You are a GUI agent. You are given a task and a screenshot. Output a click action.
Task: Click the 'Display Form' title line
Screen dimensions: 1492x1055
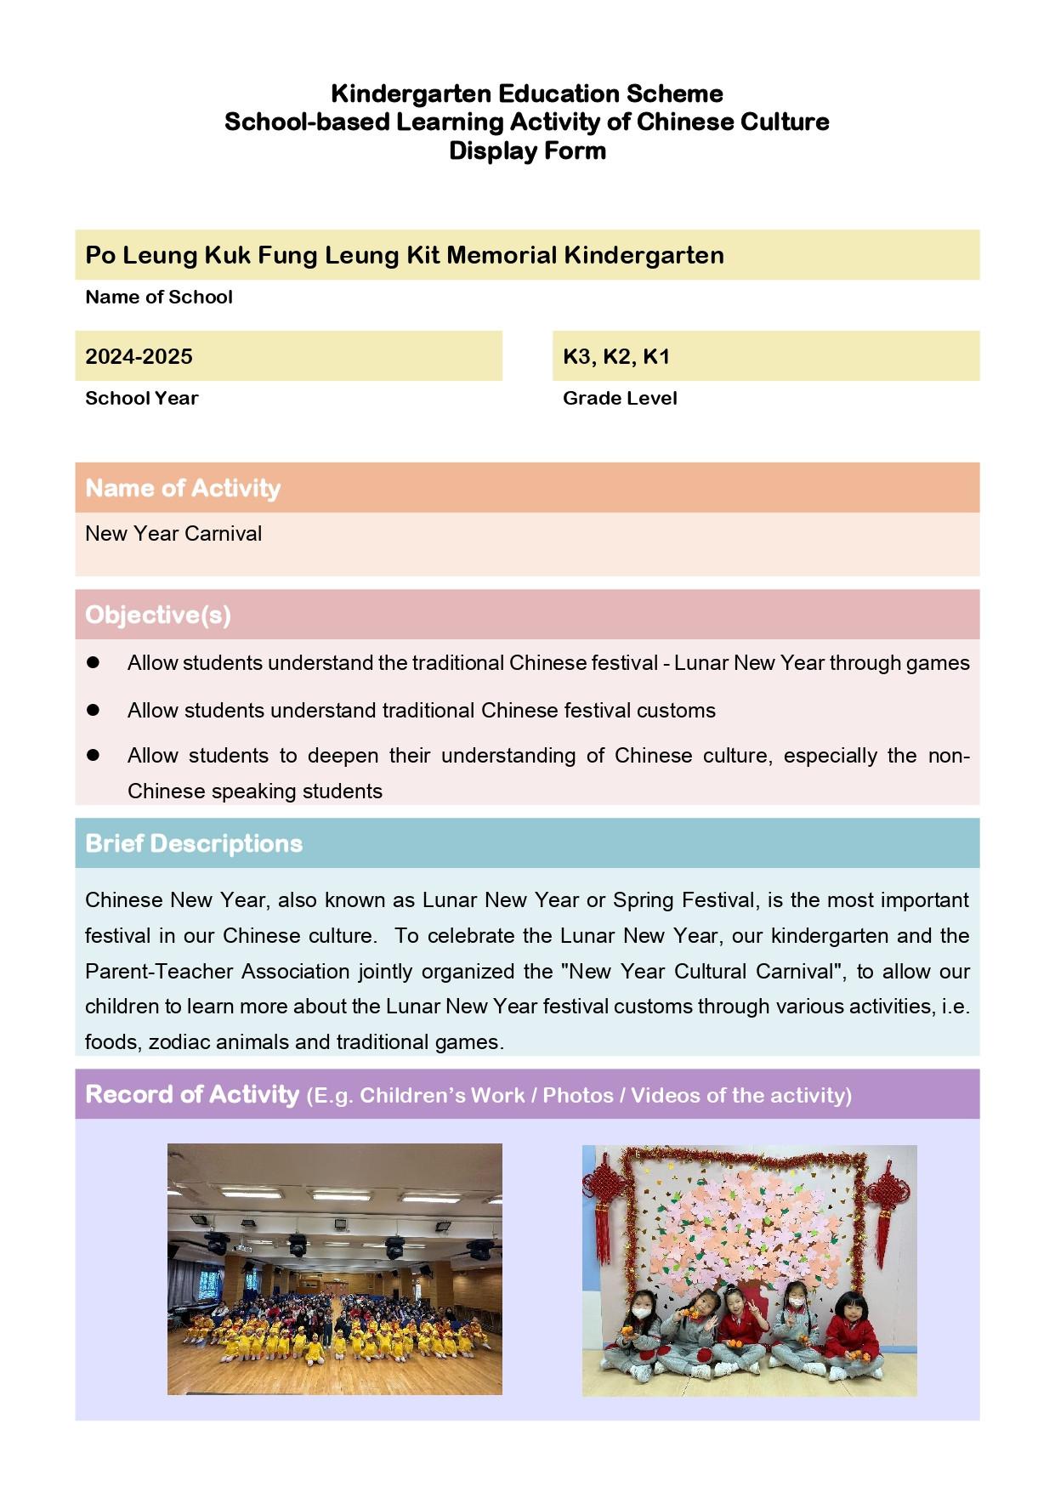(527, 151)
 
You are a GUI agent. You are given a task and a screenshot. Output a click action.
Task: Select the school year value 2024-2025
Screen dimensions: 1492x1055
(139, 356)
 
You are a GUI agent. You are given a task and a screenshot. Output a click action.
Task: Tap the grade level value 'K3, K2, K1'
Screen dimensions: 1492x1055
(616, 356)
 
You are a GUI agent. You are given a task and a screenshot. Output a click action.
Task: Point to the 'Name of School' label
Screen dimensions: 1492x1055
(159, 297)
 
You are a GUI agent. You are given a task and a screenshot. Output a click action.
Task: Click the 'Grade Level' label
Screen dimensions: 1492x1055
(620, 398)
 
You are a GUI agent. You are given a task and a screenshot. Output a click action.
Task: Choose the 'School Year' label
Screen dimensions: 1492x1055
(141, 398)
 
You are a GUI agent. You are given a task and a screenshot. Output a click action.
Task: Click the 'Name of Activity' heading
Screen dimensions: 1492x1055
(183, 488)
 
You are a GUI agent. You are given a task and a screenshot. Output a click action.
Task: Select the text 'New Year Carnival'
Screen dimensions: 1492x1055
(173, 534)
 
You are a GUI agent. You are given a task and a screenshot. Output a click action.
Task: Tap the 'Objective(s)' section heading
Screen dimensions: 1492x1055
(158, 615)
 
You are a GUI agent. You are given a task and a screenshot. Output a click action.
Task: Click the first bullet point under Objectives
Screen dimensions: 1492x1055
(94, 662)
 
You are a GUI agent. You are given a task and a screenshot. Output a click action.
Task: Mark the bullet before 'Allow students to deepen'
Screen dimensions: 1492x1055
(94, 755)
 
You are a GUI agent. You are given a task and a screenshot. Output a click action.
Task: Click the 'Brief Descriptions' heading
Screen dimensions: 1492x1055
(194, 843)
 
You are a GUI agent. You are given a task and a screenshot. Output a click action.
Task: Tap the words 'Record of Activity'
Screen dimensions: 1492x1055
(192, 1094)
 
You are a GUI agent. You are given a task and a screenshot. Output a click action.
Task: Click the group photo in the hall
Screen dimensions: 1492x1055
(334, 1269)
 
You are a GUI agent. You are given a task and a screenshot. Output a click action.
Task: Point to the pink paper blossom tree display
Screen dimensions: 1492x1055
(748, 1224)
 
